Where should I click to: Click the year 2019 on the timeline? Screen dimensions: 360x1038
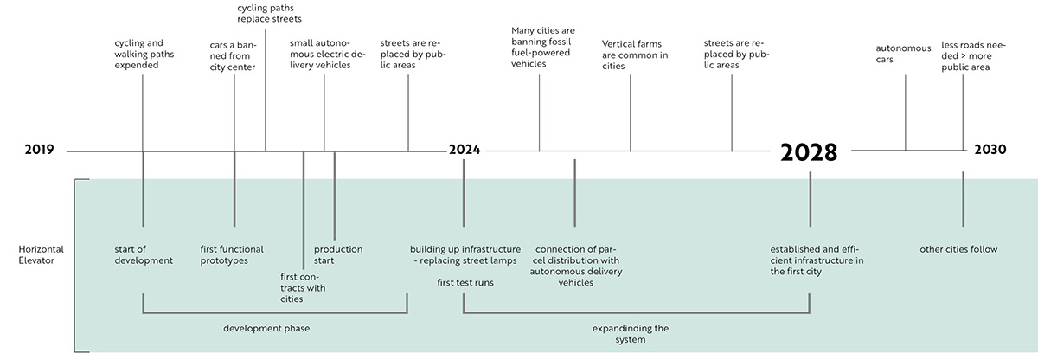tap(39, 150)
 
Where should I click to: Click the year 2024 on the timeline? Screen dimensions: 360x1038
tap(465, 150)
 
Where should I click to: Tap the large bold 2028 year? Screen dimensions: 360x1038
tap(809, 152)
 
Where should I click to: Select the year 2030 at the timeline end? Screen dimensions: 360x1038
tap(990, 150)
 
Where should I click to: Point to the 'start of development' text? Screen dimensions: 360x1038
tap(144, 255)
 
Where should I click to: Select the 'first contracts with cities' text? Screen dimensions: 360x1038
tap(297, 287)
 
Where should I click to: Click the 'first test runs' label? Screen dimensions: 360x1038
tap(465, 282)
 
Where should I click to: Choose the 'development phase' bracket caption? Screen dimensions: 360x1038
tap(266, 329)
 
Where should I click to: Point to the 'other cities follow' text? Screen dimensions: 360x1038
tap(958, 249)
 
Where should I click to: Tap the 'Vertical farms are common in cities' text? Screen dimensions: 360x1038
tap(635, 54)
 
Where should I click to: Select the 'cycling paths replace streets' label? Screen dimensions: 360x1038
tap(269, 13)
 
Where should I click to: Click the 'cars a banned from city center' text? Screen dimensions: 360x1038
tap(233, 55)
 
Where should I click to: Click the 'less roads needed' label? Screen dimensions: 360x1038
tap(965, 55)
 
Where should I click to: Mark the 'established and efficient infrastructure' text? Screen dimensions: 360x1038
tap(817, 260)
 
